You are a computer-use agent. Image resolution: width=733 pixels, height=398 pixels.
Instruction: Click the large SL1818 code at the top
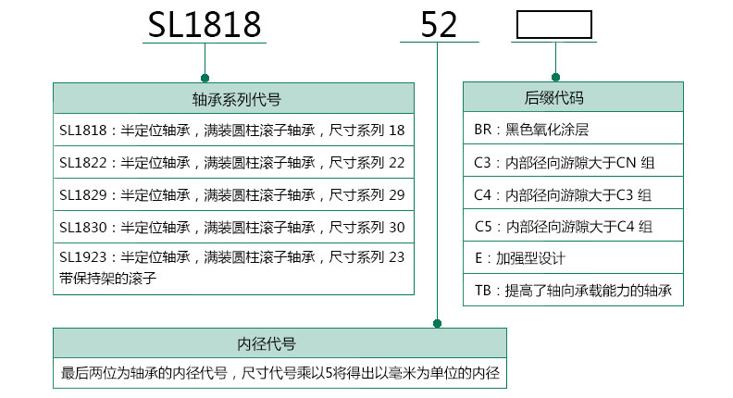pos(205,24)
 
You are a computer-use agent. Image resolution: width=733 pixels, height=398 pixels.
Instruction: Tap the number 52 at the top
pos(439,25)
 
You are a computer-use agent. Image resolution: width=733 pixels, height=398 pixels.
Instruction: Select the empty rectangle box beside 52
pos(553,25)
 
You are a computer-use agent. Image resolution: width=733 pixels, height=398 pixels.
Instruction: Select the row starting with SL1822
pos(232,163)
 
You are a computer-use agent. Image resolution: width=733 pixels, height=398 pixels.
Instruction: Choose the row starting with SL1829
pos(232,194)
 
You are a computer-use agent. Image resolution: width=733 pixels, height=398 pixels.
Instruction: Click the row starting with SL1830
pos(232,227)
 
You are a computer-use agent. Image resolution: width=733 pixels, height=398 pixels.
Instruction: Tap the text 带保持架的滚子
pos(106,276)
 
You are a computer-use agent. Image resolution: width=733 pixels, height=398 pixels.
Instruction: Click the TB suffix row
pos(573,292)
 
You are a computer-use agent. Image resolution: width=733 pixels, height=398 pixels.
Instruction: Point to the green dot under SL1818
pos(205,79)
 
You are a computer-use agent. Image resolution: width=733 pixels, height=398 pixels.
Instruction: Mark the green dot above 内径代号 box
pos(438,324)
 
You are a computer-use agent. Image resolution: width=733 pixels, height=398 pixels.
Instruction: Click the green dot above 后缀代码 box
pos(555,78)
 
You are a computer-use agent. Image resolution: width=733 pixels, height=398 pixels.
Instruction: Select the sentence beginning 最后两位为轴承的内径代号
pos(280,375)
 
